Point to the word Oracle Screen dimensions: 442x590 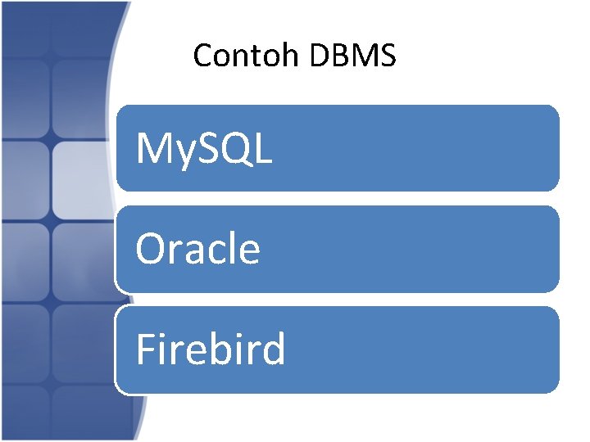click(197, 249)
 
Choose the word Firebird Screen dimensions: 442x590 click(211, 350)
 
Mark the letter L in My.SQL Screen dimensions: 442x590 click(263, 148)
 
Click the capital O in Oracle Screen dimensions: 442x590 click(151, 249)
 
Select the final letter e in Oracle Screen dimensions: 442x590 click(248, 253)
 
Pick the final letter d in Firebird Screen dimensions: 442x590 click(274, 350)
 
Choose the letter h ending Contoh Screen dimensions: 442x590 click(294, 56)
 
